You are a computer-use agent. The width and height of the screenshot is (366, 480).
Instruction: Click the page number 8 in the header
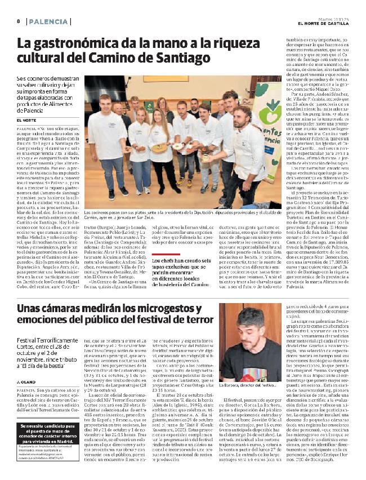point(19,21)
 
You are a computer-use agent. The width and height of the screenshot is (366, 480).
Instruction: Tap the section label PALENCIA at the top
point(47,21)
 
